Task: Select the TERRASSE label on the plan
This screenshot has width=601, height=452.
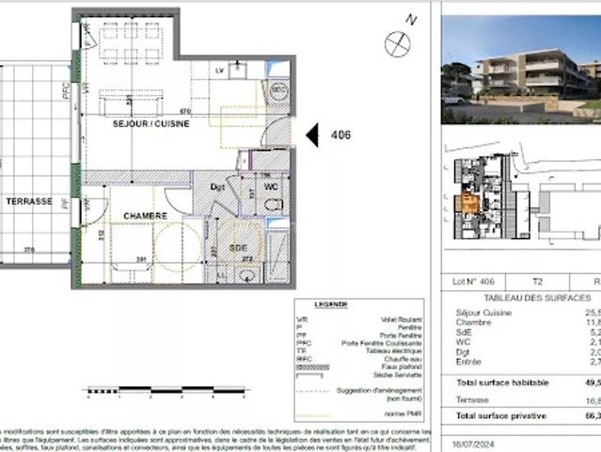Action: pos(29,202)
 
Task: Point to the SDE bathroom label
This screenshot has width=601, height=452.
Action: pos(238,248)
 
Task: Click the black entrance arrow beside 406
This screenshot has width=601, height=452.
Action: pos(312,136)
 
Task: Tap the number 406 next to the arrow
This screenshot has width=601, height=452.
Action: pos(340,136)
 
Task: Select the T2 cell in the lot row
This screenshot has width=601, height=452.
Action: pos(537,281)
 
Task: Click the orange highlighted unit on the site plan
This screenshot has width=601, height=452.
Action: pos(466,202)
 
